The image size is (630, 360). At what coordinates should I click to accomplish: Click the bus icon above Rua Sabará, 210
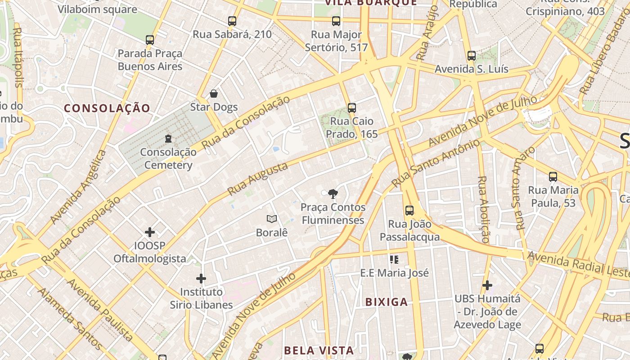coord(232,21)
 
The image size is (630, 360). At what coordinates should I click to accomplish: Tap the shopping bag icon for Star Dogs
coord(214,94)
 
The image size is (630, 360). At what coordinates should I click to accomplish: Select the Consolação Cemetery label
coord(168,158)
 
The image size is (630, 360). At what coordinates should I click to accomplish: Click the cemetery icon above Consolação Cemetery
coord(168,139)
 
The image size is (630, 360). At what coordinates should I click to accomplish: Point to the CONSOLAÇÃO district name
coord(107,108)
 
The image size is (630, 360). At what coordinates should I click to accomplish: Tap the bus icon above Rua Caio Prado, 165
coord(352,108)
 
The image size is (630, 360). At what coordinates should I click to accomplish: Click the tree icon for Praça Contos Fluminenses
coord(333,194)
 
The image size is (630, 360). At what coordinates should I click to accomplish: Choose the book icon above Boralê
coord(271,219)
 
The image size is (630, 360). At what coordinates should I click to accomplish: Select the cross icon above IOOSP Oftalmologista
coord(150,232)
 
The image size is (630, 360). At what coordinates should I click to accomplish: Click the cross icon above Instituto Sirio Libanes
coord(201,279)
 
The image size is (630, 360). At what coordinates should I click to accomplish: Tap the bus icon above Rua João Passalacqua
coord(409,210)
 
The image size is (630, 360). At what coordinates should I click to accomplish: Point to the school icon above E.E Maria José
coord(395,259)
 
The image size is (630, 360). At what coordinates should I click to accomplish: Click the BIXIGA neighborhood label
coord(387,302)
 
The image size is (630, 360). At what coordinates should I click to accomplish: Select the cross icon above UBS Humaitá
coord(487,285)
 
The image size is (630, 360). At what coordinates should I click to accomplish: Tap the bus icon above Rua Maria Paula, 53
coord(553,177)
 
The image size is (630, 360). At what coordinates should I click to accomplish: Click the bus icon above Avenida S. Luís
coord(472,56)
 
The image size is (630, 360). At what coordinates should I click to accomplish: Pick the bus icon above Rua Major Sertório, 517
coord(336,21)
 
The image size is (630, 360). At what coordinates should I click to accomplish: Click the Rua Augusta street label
coord(257,179)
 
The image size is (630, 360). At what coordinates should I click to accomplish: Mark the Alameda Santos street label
coord(70,319)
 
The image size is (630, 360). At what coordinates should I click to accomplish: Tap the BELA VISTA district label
coord(319,350)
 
